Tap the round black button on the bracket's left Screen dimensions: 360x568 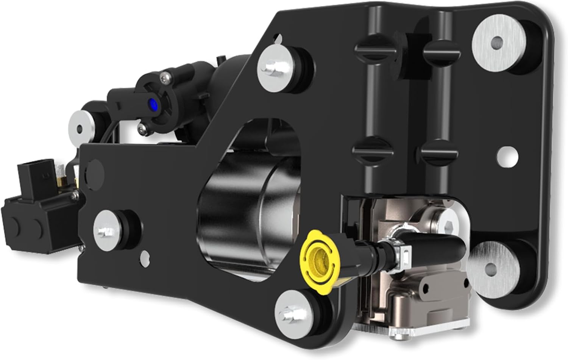click(x=93, y=167)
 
